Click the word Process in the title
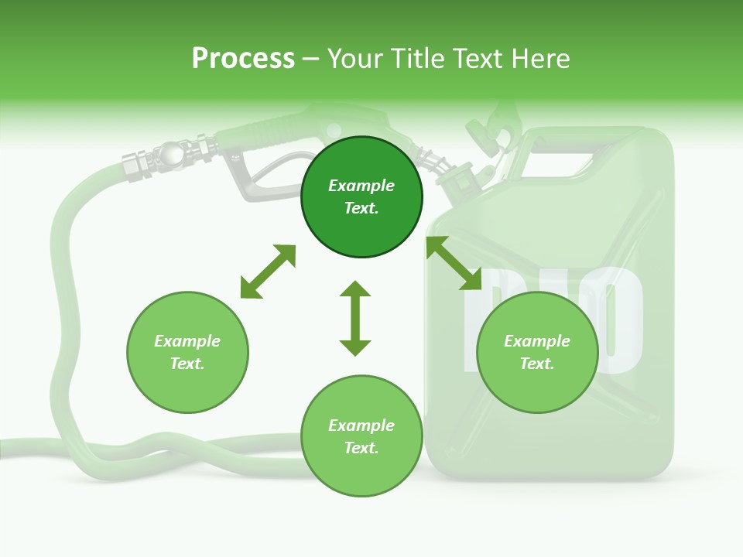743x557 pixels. point(243,59)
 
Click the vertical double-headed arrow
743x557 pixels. point(355,318)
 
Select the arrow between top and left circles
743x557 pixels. point(268,272)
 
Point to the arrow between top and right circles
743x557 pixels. point(454,264)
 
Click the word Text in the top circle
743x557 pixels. point(361,208)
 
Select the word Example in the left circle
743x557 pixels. point(187,341)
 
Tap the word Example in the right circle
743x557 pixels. point(537,341)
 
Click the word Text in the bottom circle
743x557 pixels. point(361,448)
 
